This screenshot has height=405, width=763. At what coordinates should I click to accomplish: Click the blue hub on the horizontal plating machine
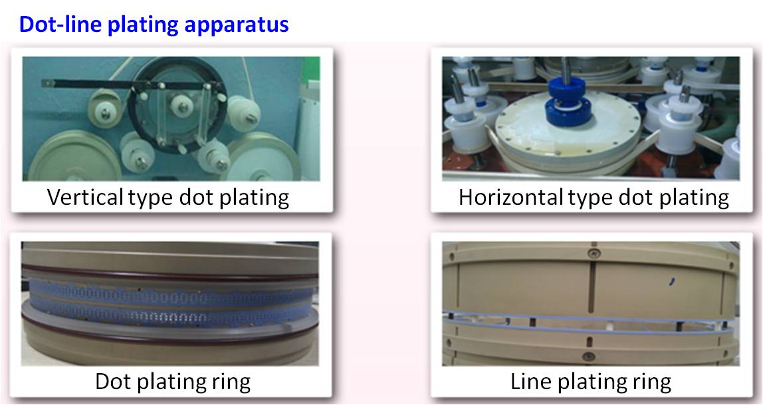pyautogui.click(x=569, y=102)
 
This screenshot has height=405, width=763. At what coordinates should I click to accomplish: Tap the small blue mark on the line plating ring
pyautogui.click(x=671, y=281)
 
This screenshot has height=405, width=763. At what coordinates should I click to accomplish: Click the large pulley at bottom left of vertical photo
pyautogui.click(x=74, y=156)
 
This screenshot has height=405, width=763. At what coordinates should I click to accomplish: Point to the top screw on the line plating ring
pyautogui.click(x=592, y=253)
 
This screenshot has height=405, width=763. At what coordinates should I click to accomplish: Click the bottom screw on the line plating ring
pyautogui.click(x=589, y=357)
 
